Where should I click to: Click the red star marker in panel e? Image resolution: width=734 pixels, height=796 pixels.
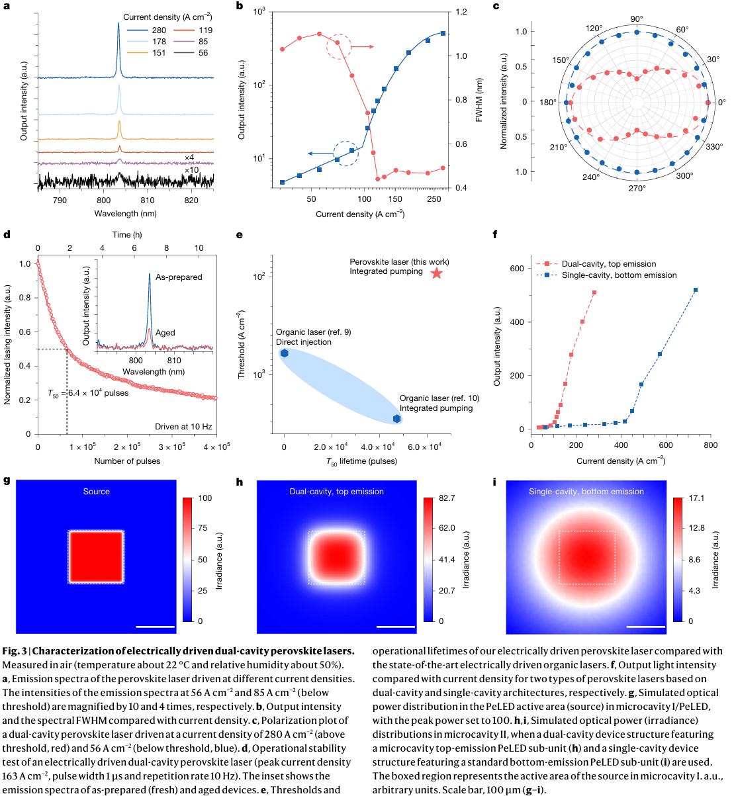tap(436, 273)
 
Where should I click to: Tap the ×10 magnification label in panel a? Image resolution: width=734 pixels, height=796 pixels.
tap(191, 170)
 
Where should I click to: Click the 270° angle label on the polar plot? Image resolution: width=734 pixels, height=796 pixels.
tap(637, 188)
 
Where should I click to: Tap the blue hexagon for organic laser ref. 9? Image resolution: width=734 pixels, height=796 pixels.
tap(284, 353)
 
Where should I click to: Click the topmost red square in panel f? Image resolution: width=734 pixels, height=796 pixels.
tap(594, 292)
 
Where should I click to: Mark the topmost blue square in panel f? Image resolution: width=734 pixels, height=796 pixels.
tap(696, 290)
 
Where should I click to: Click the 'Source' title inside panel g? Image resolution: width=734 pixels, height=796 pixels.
tap(97, 492)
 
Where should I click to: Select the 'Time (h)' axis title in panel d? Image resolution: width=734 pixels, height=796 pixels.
tap(122, 235)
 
